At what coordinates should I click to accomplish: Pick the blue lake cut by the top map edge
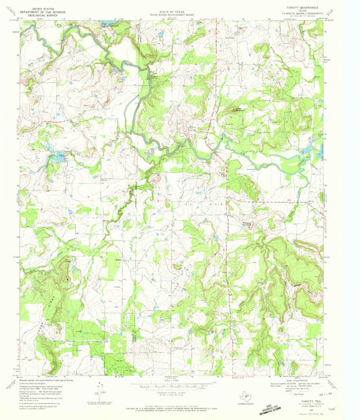pos(107,22)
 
